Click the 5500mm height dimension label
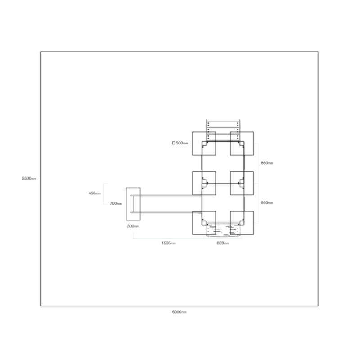(29, 178)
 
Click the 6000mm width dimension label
(179, 312)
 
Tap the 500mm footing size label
(182, 143)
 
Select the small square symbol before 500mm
(174, 143)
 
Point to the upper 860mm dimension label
(267, 163)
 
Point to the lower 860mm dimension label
(267, 203)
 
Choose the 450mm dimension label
(94, 193)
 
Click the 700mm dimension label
(116, 203)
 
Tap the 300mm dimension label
(133, 226)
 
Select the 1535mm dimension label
(169, 243)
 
